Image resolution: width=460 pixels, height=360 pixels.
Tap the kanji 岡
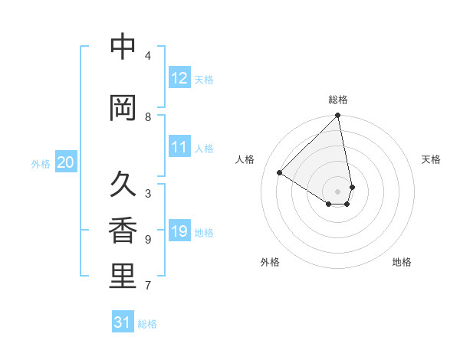coord(123,108)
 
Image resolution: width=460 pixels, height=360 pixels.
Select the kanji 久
coord(123,184)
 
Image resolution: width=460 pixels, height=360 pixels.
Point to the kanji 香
coord(123,231)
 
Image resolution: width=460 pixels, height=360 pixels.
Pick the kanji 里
coord(123,277)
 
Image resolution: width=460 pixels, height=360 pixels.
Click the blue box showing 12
coord(179,78)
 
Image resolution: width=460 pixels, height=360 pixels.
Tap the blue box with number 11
coord(179,147)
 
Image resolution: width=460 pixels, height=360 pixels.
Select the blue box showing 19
coord(179,231)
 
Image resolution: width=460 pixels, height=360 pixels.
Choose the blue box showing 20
coord(66,162)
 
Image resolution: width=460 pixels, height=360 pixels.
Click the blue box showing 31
coord(123,322)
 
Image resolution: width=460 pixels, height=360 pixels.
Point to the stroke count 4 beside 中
coord(148,56)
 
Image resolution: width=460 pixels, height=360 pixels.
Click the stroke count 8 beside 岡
coord(148,117)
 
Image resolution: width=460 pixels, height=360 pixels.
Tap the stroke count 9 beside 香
coord(148,240)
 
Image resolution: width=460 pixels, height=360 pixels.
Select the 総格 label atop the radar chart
coord(338,100)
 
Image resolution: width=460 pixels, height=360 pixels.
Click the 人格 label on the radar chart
coord(245,159)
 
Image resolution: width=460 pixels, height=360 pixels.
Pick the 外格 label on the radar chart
coord(270,262)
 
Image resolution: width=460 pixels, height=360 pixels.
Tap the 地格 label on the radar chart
coord(402,262)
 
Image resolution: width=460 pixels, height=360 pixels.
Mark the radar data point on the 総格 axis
coord(338,116)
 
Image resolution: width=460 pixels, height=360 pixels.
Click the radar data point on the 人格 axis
coord(280,173)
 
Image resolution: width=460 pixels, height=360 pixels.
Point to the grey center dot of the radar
coord(338,191)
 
